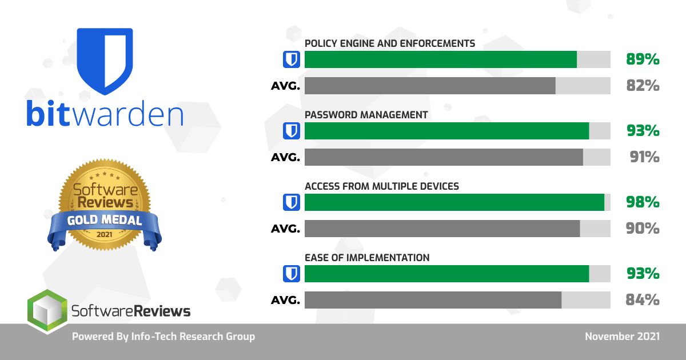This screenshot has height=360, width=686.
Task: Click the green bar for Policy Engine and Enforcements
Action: [440, 59]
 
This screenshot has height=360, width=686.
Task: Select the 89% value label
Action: [643, 59]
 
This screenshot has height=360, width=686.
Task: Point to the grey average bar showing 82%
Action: [430, 86]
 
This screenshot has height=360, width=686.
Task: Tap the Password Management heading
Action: [366, 115]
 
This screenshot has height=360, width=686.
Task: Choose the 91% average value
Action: [644, 157]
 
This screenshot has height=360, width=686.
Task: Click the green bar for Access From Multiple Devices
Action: [454, 202]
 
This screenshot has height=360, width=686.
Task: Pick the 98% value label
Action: [643, 202]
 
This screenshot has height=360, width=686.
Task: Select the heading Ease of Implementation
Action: [366, 258]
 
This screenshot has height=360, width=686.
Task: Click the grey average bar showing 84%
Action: [433, 300]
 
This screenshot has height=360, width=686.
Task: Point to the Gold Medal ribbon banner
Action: [104, 221]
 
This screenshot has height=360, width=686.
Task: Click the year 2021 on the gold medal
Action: [104, 235]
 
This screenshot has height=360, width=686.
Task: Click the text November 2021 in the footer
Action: [622, 337]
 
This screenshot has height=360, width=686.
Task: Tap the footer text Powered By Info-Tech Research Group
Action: [163, 337]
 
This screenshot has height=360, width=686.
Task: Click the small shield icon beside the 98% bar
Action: [292, 202]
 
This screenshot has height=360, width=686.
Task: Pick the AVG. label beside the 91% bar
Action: [285, 158]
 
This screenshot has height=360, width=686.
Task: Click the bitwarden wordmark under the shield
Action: [105, 114]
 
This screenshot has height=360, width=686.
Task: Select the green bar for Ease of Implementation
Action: [446, 274]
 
